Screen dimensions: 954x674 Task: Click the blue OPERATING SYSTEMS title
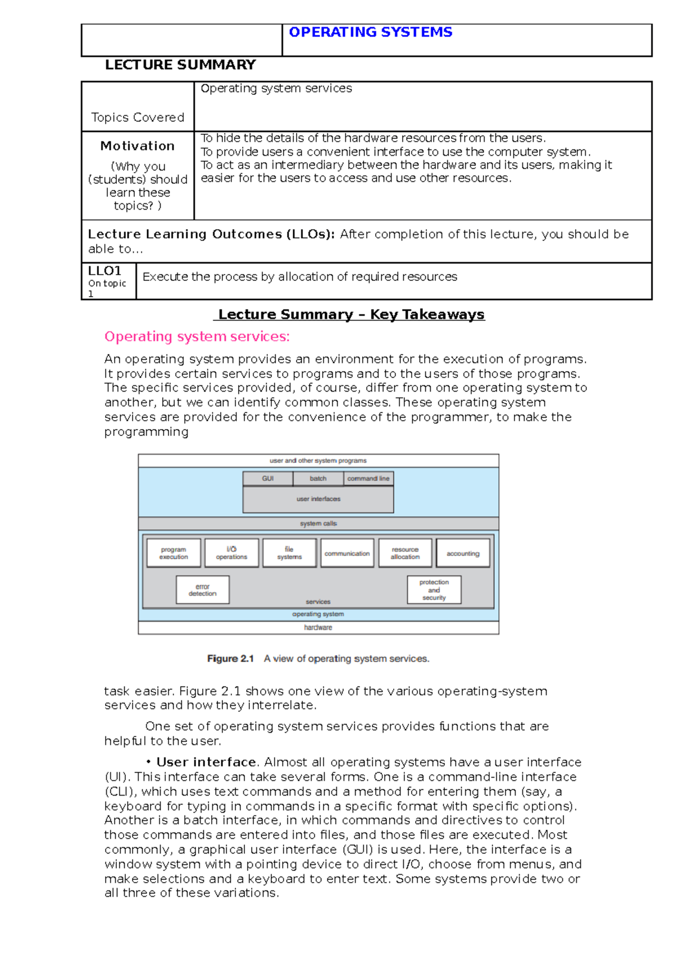[370, 33]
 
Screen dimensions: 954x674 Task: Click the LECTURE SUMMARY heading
[180, 65]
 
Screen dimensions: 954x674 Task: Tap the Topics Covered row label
[138, 117]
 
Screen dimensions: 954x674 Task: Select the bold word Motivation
[138, 146]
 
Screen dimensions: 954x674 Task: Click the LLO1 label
[104, 271]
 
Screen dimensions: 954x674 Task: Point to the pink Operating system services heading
[197, 337]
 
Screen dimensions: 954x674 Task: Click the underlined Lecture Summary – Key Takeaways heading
[351, 315]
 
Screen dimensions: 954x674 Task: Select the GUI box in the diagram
[267, 479]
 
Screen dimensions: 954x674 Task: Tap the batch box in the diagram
[318, 479]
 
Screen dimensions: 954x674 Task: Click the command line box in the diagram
[368, 479]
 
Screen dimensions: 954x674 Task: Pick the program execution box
[174, 553]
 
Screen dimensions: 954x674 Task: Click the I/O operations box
[231, 553]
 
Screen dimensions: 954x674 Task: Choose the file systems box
[289, 553]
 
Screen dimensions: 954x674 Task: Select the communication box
[347, 553]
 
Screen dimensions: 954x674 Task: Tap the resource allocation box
[405, 553]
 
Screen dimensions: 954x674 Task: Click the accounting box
[463, 553]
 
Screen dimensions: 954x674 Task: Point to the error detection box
[202, 590]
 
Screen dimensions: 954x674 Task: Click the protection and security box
[434, 590]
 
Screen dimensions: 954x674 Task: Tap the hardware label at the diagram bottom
[318, 628]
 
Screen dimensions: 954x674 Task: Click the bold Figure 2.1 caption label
[230, 658]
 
